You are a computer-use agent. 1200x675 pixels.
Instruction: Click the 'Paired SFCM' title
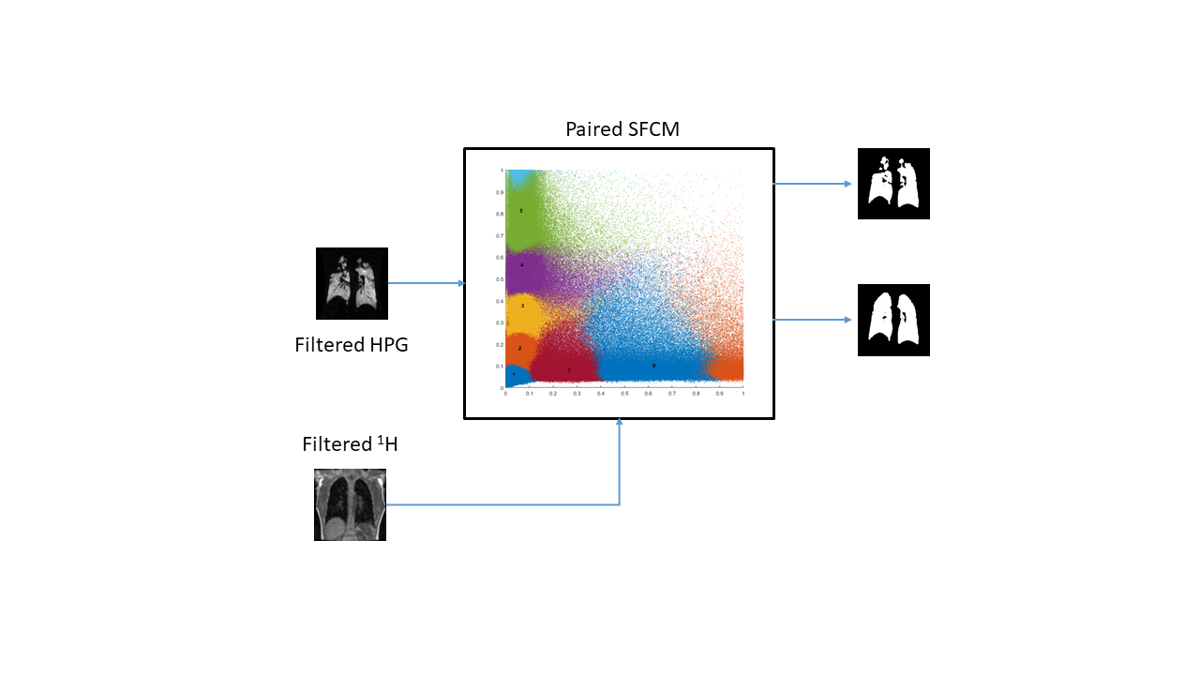(622, 129)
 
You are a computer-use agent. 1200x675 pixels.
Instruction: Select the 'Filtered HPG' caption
(351, 345)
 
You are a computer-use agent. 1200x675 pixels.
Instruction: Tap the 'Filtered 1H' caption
(350, 444)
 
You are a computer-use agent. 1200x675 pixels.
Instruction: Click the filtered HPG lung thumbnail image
(352, 283)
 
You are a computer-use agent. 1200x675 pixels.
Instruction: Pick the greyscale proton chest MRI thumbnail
(350, 505)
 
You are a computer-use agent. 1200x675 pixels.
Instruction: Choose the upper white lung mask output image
(893, 184)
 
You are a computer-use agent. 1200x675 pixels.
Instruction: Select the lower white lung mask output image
(893, 320)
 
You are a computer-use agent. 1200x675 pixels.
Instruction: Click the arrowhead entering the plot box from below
(620, 424)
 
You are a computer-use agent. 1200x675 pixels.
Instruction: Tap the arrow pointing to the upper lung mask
(814, 184)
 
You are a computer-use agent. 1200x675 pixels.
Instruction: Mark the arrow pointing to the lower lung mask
(814, 320)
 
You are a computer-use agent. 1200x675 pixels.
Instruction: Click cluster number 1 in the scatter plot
(514, 374)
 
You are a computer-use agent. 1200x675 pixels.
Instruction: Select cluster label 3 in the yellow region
(522, 306)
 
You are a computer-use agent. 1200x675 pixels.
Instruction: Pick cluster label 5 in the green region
(520, 211)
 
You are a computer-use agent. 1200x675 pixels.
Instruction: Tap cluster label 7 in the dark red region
(568, 370)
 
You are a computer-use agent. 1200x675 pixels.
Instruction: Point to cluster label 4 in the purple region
(521, 265)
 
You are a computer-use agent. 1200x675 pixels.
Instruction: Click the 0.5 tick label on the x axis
(624, 394)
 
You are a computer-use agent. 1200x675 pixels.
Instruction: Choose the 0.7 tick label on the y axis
(501, 235)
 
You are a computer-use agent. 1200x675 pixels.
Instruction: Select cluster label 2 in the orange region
(519, 348)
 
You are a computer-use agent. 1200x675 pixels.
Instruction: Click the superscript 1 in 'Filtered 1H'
(381, 438)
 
